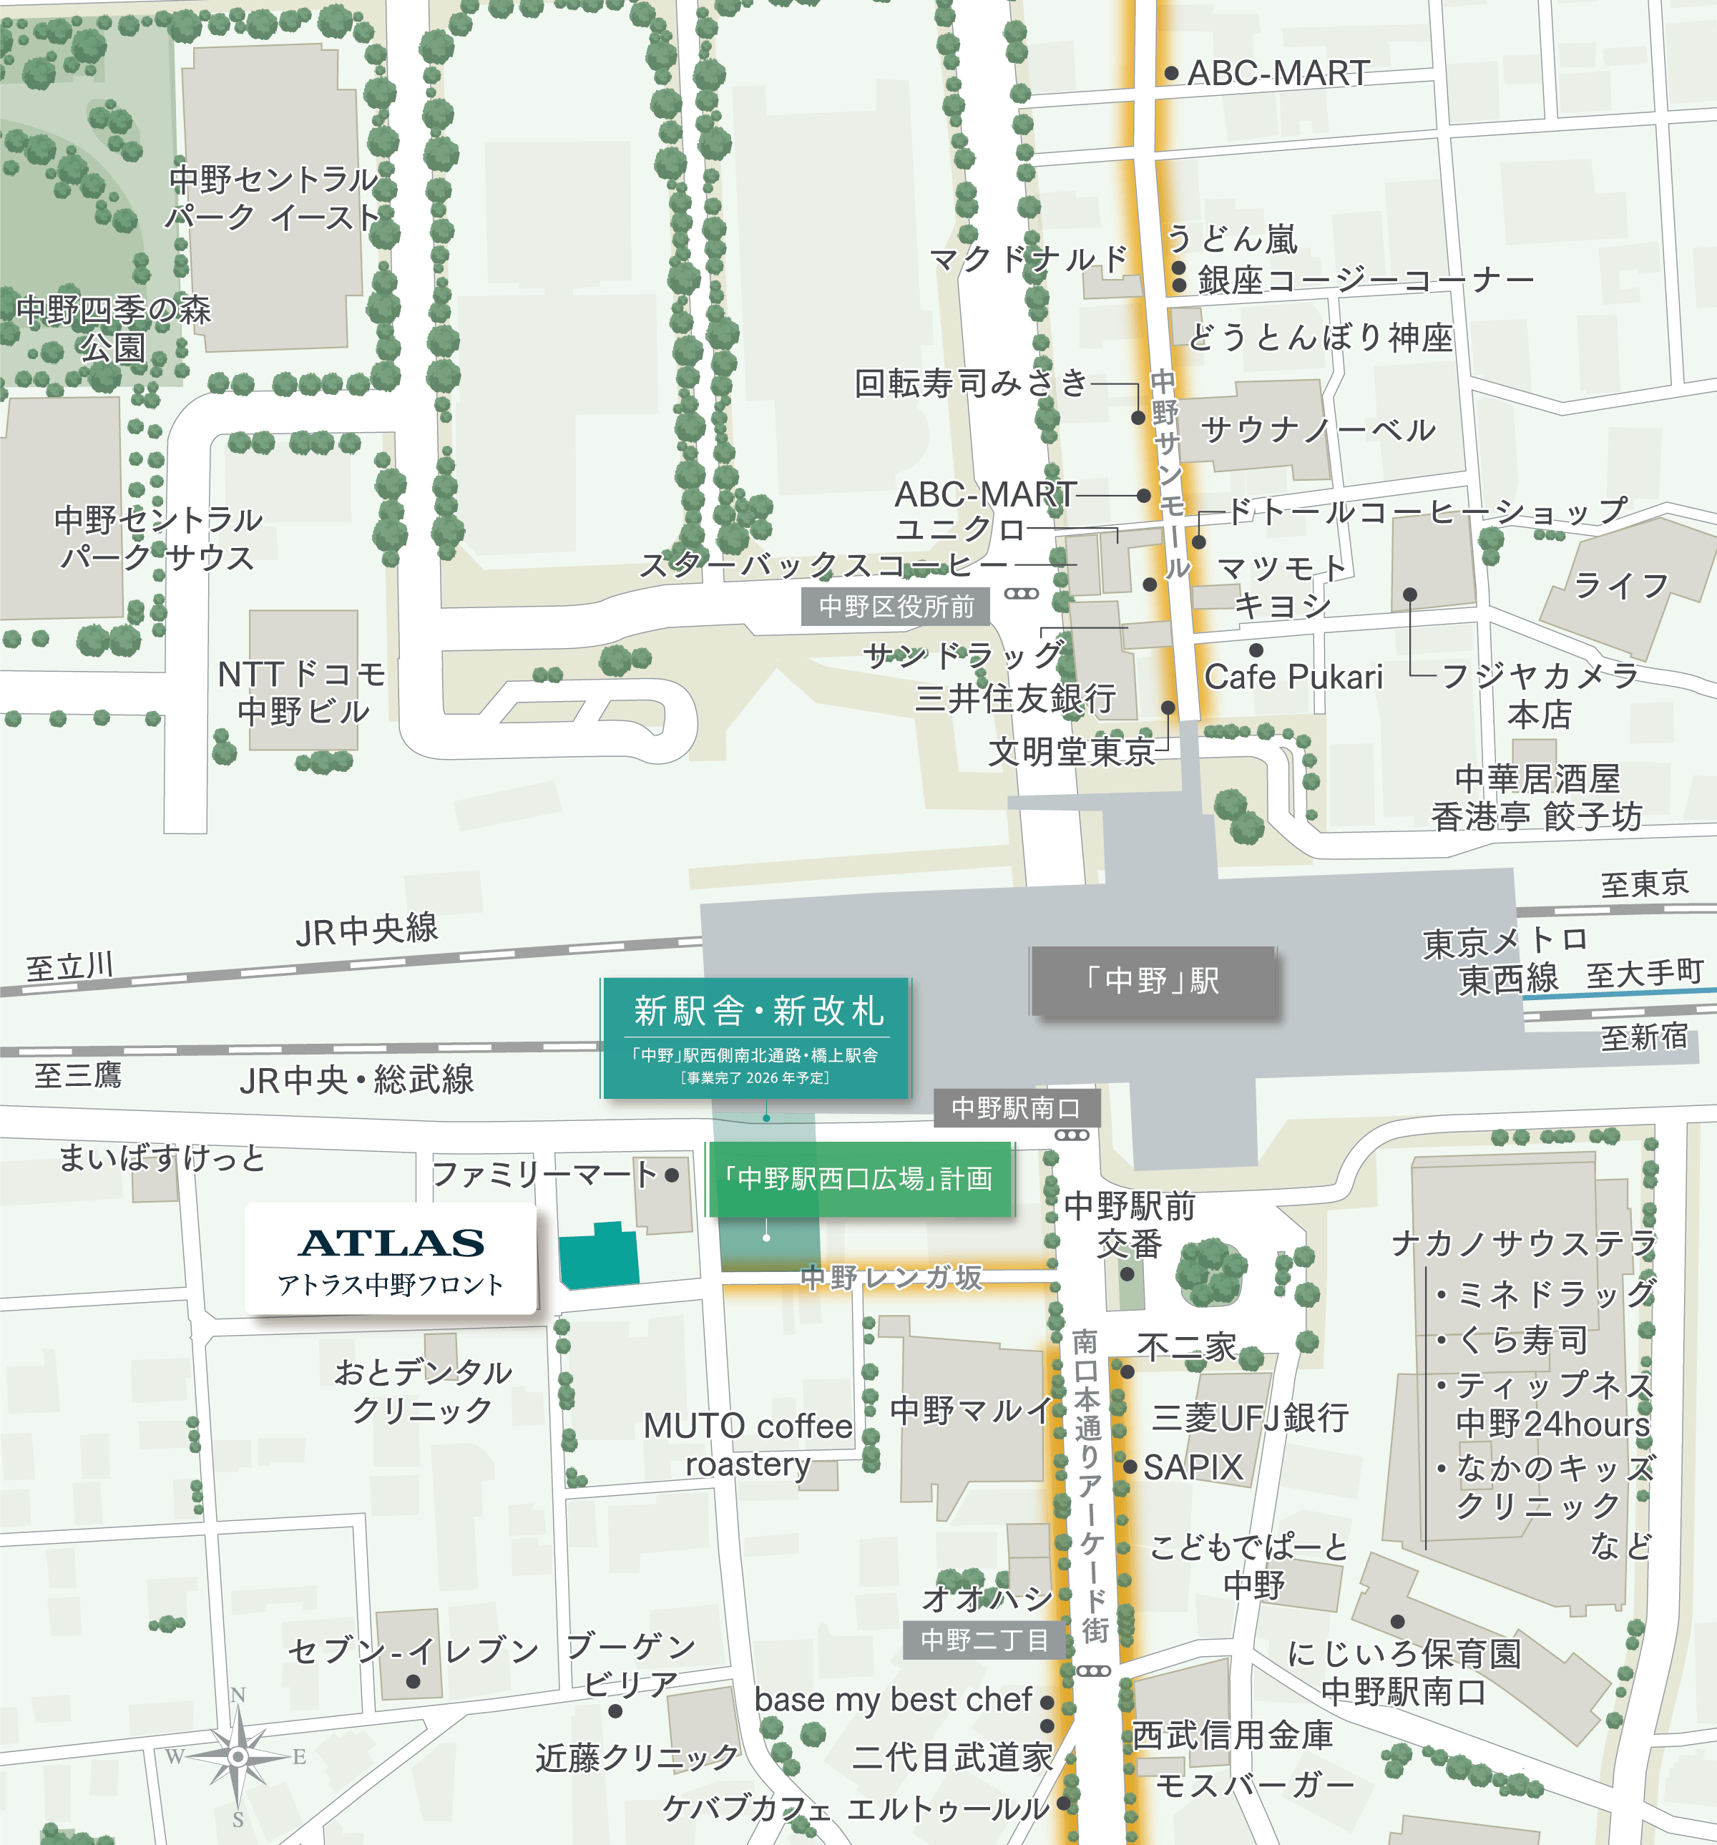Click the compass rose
238,1756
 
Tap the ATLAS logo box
391,1258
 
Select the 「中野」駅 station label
1153,981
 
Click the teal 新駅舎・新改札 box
756,1037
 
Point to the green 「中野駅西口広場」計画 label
858,1179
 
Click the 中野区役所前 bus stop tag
896,607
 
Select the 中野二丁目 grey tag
984,1641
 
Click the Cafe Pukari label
1293,677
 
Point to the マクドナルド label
1028,259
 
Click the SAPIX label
1193,1467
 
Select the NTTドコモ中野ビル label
303,693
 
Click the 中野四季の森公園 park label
113,328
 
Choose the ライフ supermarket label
1620,586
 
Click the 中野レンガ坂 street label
891,1278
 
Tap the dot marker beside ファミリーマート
671,1175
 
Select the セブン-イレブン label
413,1650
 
